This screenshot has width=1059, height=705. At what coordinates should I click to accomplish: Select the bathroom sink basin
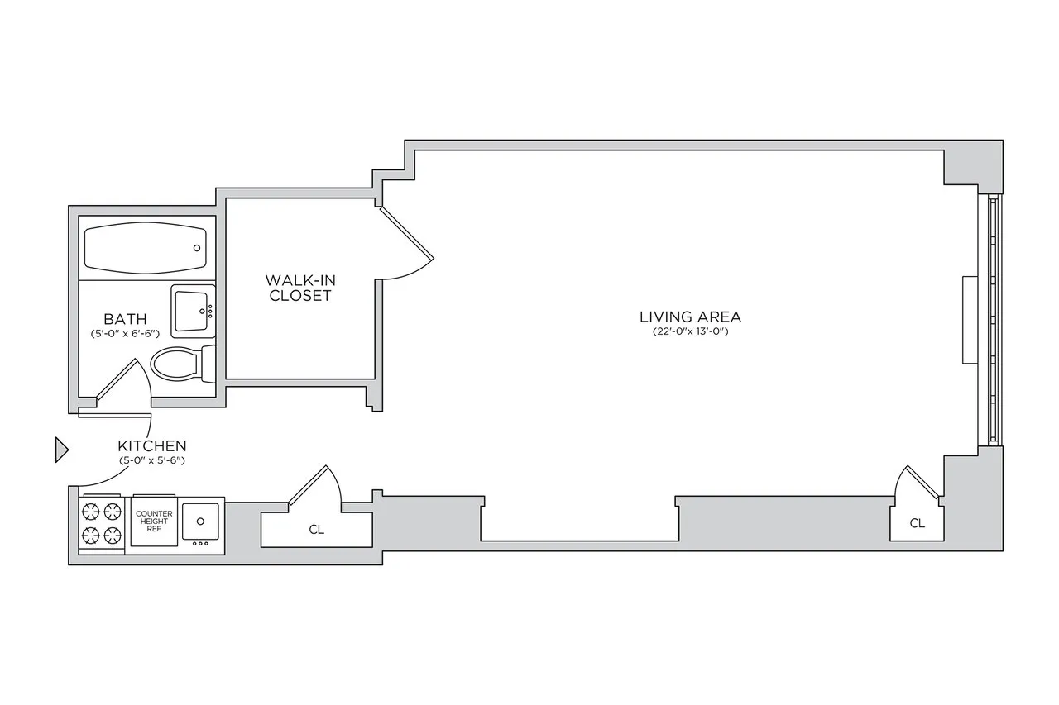point(192,311)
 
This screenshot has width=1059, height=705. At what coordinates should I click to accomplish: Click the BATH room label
point(126,319)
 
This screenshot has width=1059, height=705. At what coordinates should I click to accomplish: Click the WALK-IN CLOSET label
point(299,288)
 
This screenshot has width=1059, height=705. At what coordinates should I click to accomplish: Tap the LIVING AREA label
point(690,317)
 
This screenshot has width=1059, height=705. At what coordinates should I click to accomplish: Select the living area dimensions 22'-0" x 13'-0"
point(690,331)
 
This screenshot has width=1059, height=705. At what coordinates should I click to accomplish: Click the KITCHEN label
point(151,445)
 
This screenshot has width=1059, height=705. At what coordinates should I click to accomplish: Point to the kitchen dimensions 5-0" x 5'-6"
point(151,460)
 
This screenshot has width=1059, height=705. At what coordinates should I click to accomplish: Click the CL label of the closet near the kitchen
point(316,530)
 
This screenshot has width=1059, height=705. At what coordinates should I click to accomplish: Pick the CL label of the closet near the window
point(917,523)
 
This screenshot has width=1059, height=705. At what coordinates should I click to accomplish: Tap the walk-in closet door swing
point(405,248)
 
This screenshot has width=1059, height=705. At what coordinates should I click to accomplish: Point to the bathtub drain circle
point(197,248)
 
